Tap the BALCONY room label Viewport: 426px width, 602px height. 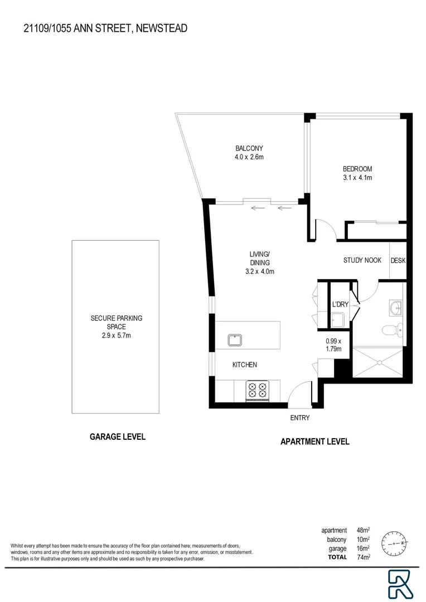click(249, 148)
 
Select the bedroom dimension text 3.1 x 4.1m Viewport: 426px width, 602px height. click(357, 178)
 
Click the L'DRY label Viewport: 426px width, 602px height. click(340, 305)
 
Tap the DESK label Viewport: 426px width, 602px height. click(398, 260)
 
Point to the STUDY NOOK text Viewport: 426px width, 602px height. click(362, 260)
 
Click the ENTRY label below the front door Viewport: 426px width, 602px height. click(299, 417)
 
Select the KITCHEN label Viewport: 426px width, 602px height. click(245, 365)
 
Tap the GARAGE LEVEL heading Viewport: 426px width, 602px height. click(118, 437)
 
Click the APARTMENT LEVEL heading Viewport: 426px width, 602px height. click(314, 441)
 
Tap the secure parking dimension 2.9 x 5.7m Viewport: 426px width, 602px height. click(116, 336)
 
